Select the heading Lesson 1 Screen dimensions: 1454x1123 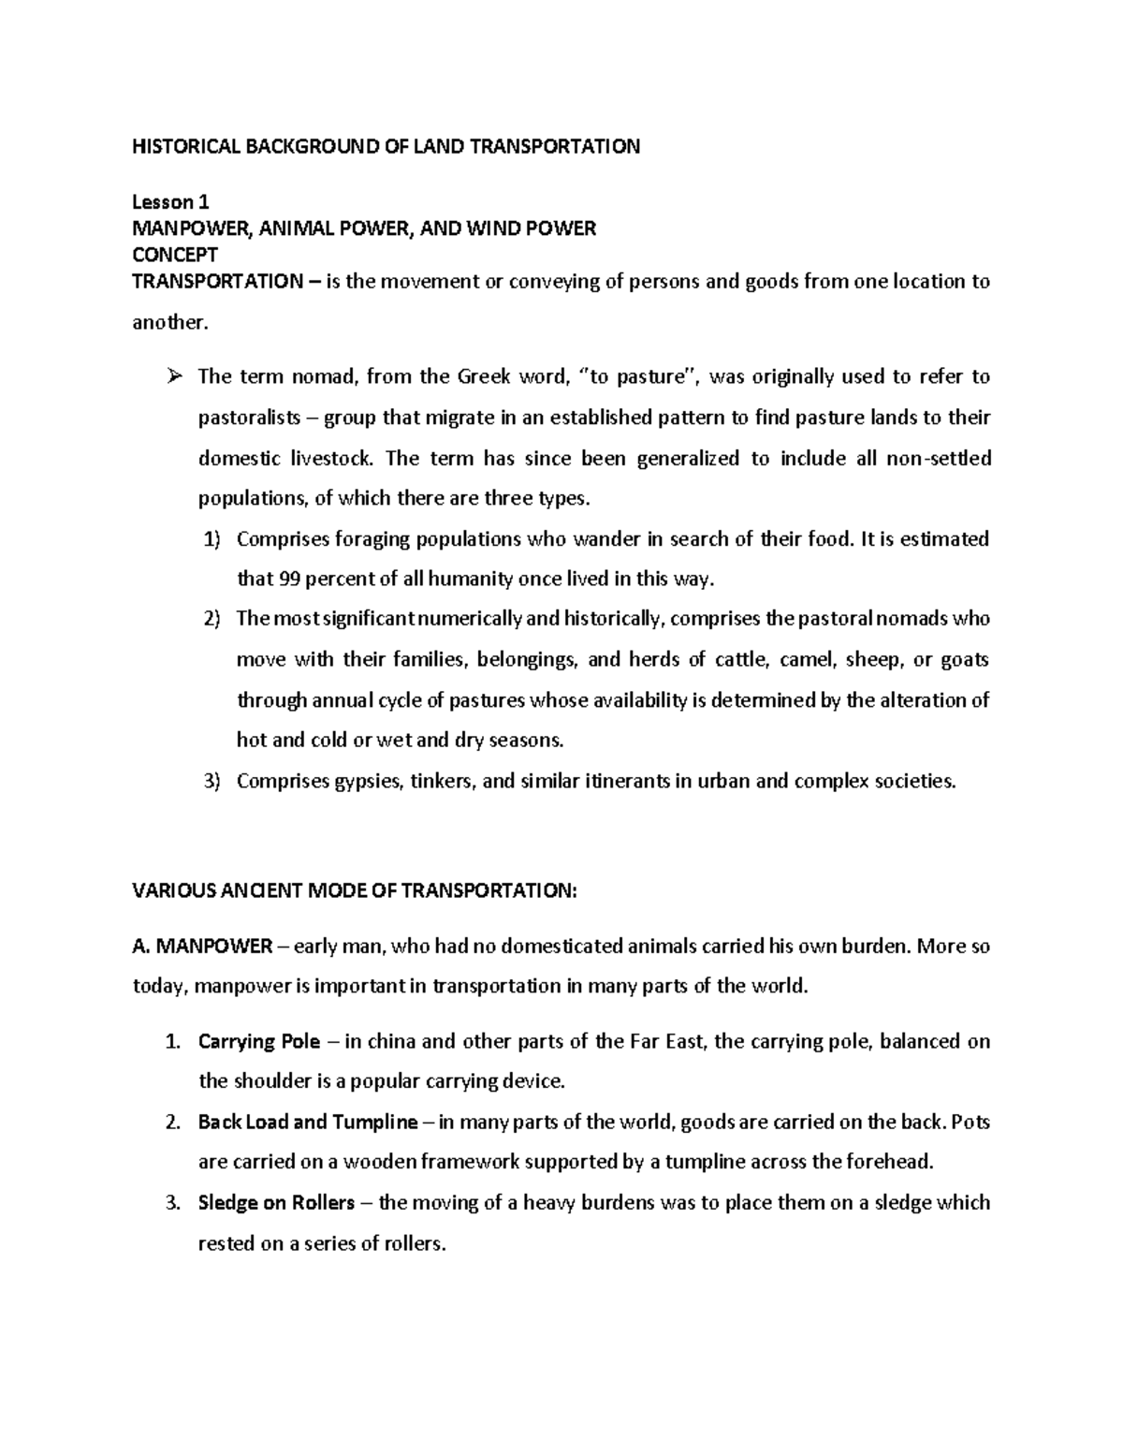[x=170, y=201]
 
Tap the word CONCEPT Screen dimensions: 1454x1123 [x=175, y=255]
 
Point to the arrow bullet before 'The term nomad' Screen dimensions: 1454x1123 [x=174, y=377]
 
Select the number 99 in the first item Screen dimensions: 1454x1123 [x=289, y=579]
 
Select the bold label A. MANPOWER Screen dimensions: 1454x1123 [x=202, y=946]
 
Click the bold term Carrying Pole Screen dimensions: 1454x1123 [x=259, y=1041]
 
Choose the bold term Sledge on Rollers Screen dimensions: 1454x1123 [x=276, y=1202]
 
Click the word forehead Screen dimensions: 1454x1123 [x=888, y=1163]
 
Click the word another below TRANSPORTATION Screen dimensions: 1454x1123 [x=168, y=323]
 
